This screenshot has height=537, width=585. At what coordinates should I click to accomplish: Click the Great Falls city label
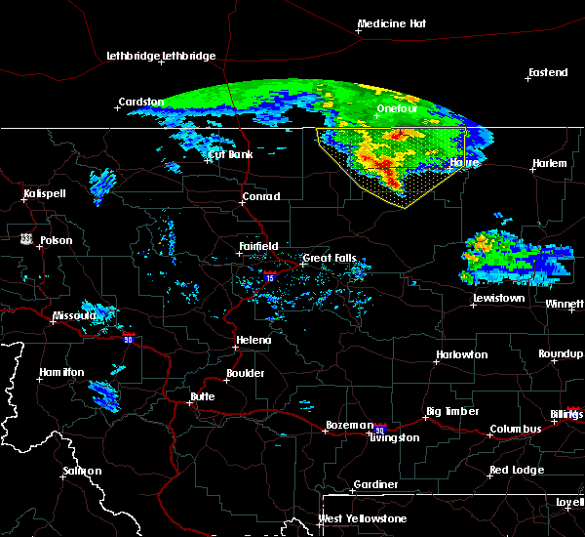(330, 259)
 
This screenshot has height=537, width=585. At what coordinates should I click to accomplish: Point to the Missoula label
(74, 315)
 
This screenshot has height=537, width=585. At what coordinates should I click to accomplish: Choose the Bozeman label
(349, 425)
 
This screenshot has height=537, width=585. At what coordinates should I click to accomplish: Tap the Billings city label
(567, 414)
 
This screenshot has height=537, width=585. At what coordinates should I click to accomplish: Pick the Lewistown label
(498, 298)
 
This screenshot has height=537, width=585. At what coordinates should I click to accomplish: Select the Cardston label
(140, 102)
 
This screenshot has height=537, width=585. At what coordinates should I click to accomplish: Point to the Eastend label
(546, 73)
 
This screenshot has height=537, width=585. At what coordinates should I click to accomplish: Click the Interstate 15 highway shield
(269, 278)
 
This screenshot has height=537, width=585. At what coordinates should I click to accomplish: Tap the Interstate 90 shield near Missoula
(127, 338)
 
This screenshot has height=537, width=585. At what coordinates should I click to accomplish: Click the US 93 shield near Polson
(25, 237)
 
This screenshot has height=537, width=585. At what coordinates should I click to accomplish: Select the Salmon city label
(83, 471)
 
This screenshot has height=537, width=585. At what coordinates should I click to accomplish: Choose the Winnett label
(565, 305)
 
